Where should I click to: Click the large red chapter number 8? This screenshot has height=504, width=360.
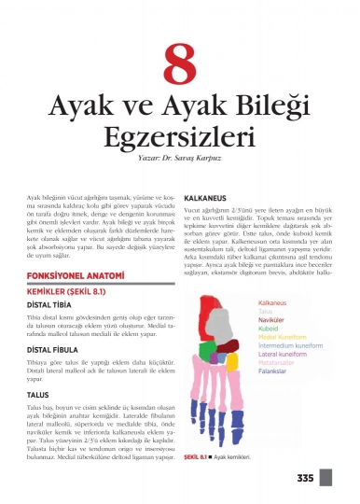point(179,66)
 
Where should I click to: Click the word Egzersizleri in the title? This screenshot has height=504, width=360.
point(179,139)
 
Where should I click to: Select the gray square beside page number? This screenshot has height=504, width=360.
point(325,479)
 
